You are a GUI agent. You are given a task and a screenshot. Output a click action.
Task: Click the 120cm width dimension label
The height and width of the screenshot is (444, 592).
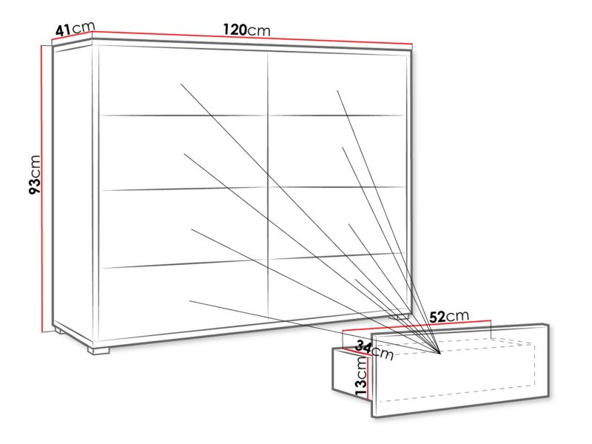246,30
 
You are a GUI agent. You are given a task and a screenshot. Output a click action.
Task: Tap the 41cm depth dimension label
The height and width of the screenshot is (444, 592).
75,29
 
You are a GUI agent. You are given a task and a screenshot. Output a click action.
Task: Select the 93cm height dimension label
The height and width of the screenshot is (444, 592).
35,174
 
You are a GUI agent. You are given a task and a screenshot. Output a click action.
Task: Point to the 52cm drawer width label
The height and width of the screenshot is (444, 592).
449,317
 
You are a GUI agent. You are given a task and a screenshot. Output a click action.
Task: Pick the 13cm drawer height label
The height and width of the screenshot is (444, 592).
361,377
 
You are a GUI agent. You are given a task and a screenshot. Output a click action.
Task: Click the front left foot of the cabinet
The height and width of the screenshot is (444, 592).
98,350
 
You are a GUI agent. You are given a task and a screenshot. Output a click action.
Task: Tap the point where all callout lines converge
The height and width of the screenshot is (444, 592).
440,354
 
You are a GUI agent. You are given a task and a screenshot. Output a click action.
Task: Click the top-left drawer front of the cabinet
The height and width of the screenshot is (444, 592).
183,82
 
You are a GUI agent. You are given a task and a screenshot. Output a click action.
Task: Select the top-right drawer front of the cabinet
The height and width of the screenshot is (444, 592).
337,84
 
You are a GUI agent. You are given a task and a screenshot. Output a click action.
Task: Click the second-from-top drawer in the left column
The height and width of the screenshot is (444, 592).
183,153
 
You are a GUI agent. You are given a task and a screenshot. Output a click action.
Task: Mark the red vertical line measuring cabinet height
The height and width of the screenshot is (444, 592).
41,189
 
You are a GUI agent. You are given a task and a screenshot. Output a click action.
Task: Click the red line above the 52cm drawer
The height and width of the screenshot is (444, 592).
416,325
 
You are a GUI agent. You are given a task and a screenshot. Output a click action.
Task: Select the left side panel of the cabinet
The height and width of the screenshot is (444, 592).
73,192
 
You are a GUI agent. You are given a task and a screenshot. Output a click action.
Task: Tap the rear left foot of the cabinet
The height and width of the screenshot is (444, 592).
59,332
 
